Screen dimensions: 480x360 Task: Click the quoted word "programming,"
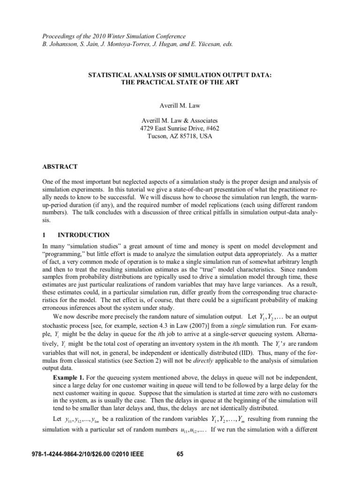pyautogui.click(x=62, y=254)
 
